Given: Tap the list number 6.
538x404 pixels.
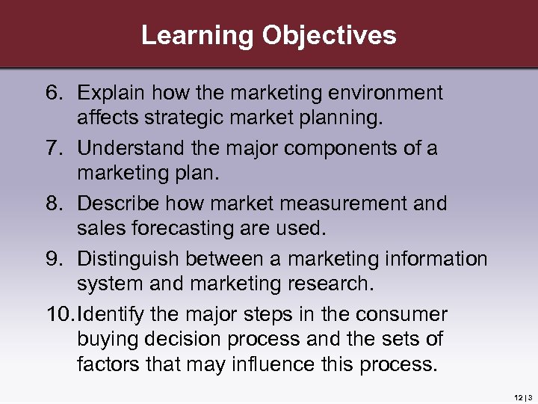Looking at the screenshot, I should pyautogui.click(x=55, y=93).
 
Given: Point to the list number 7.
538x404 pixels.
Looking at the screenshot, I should pyautogui.click(x=55, y=148).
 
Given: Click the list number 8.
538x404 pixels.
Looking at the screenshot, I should pyautogui.click(x=55, y=203).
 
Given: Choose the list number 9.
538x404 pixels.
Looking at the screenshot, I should pyautogui.click(x=55, y=259).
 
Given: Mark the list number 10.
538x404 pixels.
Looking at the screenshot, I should pyautogui.click(x=59, y=314).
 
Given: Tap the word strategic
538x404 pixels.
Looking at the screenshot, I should pyautogui.click(x=178, y=117).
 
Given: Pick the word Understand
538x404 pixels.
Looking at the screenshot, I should pyautogui.click(x=123, y=148).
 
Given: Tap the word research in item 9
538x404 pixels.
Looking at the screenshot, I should pyautogui.click(x=328, y=284).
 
